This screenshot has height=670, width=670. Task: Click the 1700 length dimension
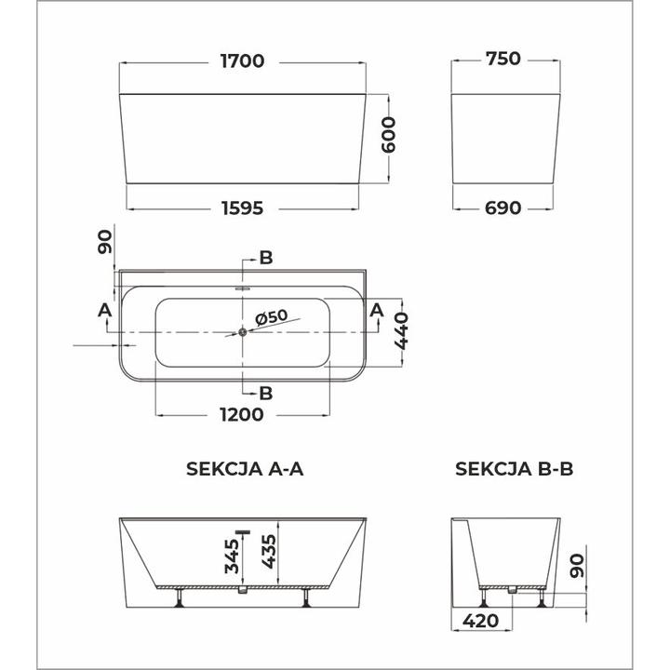(x=242, y=61)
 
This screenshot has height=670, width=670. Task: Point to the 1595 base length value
(x=242, y=208)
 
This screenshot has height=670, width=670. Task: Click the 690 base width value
(x=502, y=208)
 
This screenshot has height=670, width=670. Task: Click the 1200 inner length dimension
(x=242, y=416)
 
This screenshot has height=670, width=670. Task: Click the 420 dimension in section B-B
(x=480, y=620)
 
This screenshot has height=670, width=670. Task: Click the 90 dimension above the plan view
(x=104, y=244)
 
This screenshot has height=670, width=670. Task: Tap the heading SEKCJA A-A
(x=246, y=470)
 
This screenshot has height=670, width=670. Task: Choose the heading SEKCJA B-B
(x=514, y=470)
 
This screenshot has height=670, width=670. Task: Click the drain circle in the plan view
(x=243, y=331)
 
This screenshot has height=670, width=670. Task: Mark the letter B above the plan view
(x=266, y=258)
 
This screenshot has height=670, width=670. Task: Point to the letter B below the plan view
(x=266, y=393)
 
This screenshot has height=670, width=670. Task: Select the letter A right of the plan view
(x=377, y=309)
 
